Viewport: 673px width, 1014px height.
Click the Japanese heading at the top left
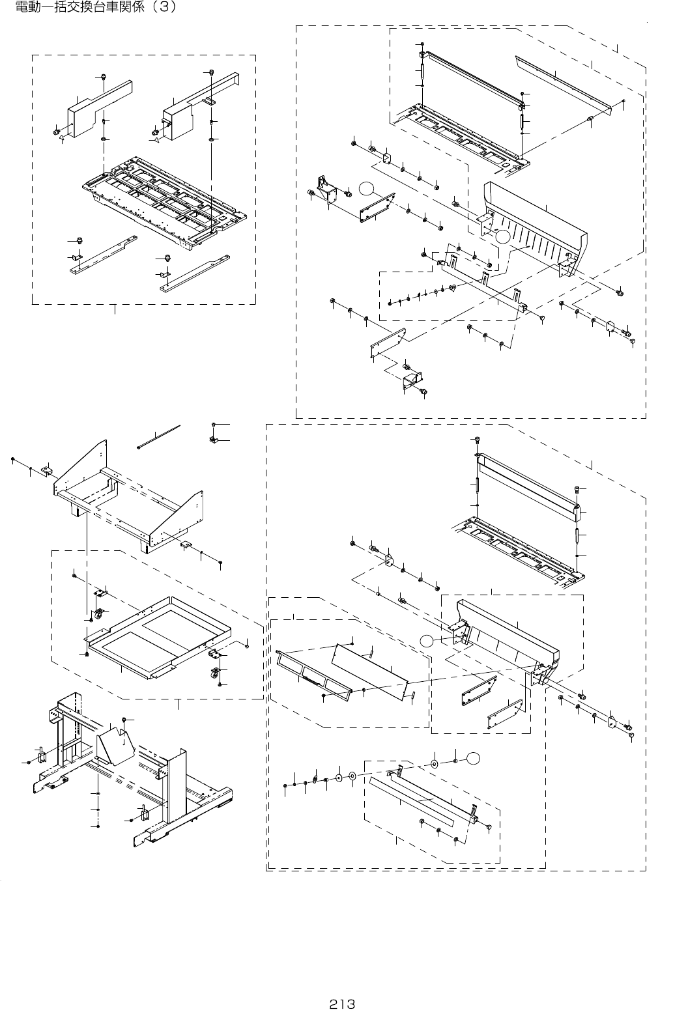91,9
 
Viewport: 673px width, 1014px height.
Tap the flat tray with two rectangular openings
163,635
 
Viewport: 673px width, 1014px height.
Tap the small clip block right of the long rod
214,440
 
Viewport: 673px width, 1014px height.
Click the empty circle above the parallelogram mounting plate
367,189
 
